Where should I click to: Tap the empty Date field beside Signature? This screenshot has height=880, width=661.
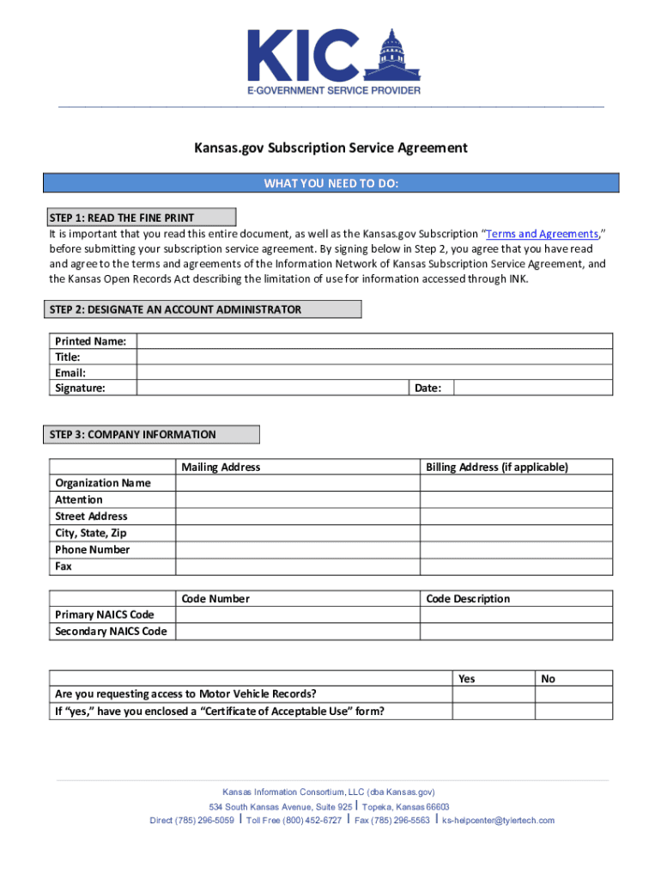(533, 388)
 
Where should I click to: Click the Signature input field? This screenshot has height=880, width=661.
(272, 388)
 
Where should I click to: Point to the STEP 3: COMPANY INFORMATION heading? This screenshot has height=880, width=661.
(152, 435)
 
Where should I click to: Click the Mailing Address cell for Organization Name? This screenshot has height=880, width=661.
(297, 483)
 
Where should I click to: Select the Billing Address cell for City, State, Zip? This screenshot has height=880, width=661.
(516, 533)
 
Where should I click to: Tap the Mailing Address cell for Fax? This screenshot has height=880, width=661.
(297, 566)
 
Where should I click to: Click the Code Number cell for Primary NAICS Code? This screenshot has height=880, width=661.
(297, 615)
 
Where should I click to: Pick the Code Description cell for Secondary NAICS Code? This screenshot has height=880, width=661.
(516, 632)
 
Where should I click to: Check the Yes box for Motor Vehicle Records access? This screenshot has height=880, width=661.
(494, 694)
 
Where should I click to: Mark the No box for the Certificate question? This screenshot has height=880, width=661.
(574, 712)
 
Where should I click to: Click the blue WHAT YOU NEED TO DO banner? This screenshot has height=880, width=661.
(330, 183)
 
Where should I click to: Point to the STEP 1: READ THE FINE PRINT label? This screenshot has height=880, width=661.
(140, 217)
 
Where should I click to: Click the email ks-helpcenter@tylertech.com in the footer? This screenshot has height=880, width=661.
(498, 820)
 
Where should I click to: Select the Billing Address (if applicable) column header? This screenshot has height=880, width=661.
(497, 467)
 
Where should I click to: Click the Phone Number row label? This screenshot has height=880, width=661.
(93, 549)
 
